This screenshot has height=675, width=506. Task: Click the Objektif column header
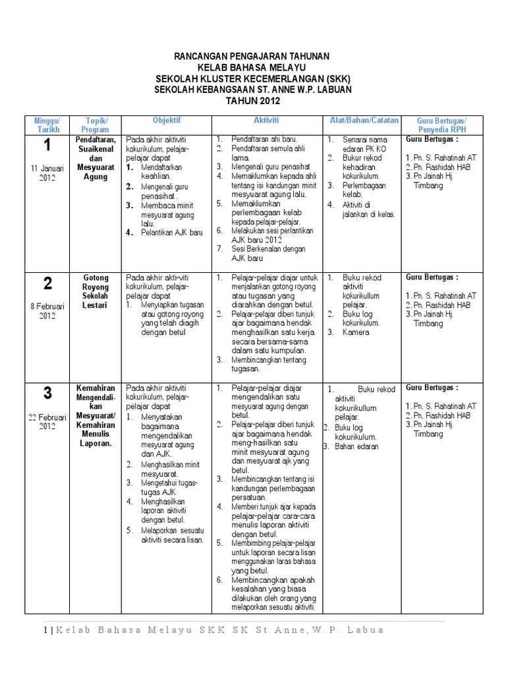[x=167, y=121]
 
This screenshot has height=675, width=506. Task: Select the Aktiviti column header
[x=266, y=121]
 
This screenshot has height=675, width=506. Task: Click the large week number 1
[x=47, y=146]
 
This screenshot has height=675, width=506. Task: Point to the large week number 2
[x=47, y=284]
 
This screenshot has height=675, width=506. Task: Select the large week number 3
[x=47, y=394]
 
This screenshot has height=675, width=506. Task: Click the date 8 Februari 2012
[x=47, y=310]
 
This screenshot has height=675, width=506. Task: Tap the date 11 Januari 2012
[x=47, y=173]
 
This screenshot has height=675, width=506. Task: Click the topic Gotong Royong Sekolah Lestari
[x=96, y=292]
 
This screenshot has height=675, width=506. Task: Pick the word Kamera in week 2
[x=356, y=332]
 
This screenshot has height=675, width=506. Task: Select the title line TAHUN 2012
[x=253, y=101]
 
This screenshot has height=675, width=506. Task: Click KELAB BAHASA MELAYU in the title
[x=253, y=68]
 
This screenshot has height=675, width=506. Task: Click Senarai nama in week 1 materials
[x=363, y=140]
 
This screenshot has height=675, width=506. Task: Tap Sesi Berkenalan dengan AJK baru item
[x=264, y=254]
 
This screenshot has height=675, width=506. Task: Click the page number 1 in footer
[x=45, y=630]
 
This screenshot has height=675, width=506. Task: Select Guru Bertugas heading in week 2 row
[x=432, y=278]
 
